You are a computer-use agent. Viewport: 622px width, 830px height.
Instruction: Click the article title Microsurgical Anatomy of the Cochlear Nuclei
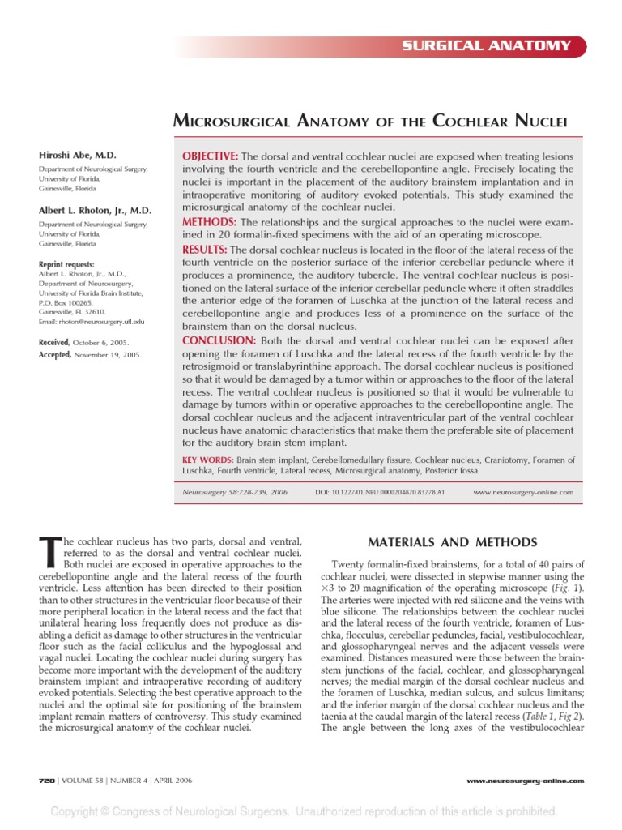[x=369, y=122]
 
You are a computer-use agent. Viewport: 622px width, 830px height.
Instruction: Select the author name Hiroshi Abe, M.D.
[x=78, y=154]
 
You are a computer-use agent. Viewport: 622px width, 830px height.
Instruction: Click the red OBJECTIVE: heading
[x=208, y=156]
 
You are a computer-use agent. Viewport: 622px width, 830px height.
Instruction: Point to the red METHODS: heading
[x=207, y=222]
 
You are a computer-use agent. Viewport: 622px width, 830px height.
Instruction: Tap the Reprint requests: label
[x=66, y=264]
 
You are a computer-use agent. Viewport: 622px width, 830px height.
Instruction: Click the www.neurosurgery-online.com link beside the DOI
[x=522, y=492]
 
